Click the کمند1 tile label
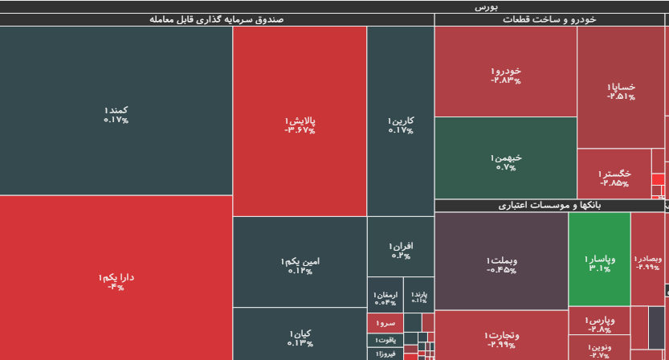116,114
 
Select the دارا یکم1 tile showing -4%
116,281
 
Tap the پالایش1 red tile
300,125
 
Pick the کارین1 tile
400,125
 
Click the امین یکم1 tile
300,266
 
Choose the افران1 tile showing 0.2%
400,250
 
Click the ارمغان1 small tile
385,298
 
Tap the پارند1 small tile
418,297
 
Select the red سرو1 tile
385,323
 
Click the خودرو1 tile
506,75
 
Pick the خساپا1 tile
620,91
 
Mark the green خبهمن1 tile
506,162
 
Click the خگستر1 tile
614,178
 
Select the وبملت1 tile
501,264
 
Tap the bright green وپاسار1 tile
599,263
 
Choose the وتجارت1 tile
501,339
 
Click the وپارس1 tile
599,323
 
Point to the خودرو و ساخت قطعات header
551,19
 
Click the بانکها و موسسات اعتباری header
551,206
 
